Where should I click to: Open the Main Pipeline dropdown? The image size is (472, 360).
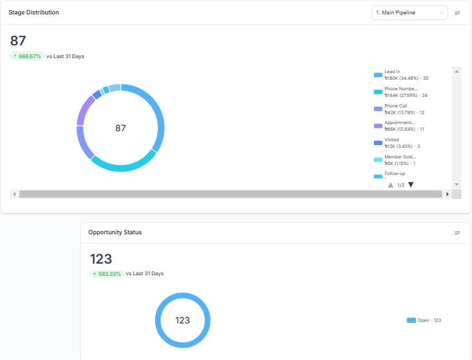click(409, 13)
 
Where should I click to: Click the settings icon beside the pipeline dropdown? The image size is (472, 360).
click(457, 13)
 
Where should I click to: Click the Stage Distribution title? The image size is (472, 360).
click(34, 12)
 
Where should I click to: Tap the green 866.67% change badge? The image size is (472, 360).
click(27, 56)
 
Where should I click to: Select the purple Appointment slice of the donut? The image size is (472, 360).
click(84, 110)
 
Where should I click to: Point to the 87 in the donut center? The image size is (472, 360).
click(121, 128)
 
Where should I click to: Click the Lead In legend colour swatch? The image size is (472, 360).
click(378, 75)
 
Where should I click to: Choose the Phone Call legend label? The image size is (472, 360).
click(395, 106)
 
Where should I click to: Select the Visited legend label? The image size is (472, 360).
click(392, 140)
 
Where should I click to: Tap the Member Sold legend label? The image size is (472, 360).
click(400, 157)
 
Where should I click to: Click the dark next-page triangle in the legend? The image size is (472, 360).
click(411, 185)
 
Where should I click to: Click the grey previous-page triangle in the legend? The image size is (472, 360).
click(391, 185)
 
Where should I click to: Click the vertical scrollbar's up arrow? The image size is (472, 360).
click(456, 71)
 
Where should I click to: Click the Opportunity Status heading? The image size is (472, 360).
click(115, 232)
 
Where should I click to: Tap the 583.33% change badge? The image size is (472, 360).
click(106, 274)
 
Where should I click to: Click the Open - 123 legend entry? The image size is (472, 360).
click(424, 320)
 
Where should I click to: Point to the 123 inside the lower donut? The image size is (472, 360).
click(183, 320)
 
